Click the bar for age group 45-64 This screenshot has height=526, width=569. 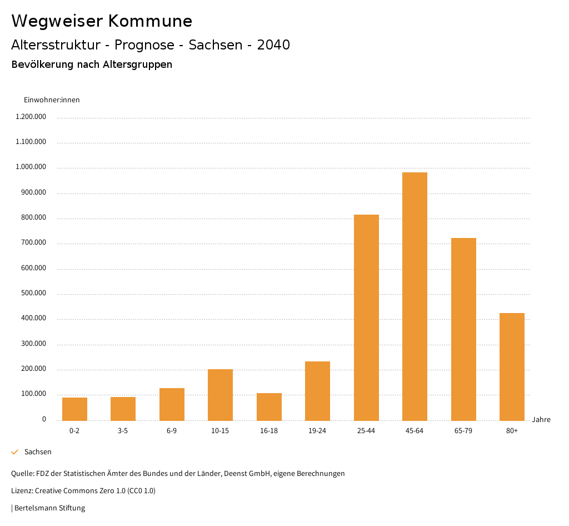click(415, 296)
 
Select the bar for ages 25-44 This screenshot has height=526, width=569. click(366, 317)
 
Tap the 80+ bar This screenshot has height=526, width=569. click(512, 367)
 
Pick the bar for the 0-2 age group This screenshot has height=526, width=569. click(74, 409)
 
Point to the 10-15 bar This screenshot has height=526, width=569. click(220, 395)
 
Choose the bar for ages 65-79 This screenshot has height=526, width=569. click(463, 329)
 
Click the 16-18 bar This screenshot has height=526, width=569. click(269, 406)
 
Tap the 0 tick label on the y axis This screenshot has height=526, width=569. click(44, 420)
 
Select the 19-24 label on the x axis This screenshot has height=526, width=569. click(317, 431)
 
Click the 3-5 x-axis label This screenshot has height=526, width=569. click(123, 431)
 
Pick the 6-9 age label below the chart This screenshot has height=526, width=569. click(172, 431)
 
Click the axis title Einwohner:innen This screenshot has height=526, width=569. click(52, 100)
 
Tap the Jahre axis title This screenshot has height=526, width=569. click(541, 420)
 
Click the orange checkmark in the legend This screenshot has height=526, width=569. click(15, 452)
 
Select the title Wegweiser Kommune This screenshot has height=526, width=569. click(102, 21)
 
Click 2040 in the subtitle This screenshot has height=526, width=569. click(273, 45)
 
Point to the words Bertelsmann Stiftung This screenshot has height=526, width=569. click(49, 508)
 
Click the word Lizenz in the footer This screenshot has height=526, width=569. click(22, 491)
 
